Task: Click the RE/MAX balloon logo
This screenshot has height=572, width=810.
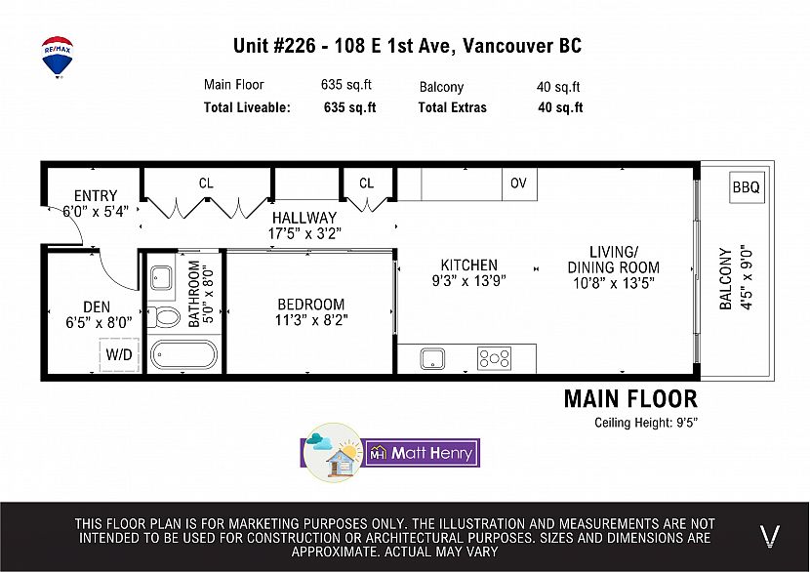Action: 58,57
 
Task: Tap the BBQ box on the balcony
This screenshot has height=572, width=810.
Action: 746,187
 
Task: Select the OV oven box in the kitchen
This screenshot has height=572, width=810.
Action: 519,184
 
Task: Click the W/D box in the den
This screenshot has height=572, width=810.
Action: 119,354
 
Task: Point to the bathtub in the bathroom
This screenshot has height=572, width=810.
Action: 183,355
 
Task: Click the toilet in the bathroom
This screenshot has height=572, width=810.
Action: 164,316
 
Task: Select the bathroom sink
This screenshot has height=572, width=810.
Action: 162,278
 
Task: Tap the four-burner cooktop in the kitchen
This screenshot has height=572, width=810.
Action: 494,358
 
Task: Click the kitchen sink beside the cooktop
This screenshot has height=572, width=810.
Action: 432,358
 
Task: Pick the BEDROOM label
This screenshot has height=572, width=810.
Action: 311,305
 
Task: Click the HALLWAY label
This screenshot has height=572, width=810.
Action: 304,218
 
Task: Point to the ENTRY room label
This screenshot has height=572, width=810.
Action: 96,196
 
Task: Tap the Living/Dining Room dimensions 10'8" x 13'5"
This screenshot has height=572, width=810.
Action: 614,283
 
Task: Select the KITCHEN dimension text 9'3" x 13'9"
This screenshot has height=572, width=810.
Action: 469,280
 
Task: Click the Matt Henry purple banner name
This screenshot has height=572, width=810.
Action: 432,453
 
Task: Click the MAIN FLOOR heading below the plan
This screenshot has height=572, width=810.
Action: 630,399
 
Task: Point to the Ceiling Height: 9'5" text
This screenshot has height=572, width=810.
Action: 646,423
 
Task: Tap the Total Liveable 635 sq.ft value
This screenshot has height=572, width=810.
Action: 349,107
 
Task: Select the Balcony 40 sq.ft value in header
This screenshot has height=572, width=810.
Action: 558,87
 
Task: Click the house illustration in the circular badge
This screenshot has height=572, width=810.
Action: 341,461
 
